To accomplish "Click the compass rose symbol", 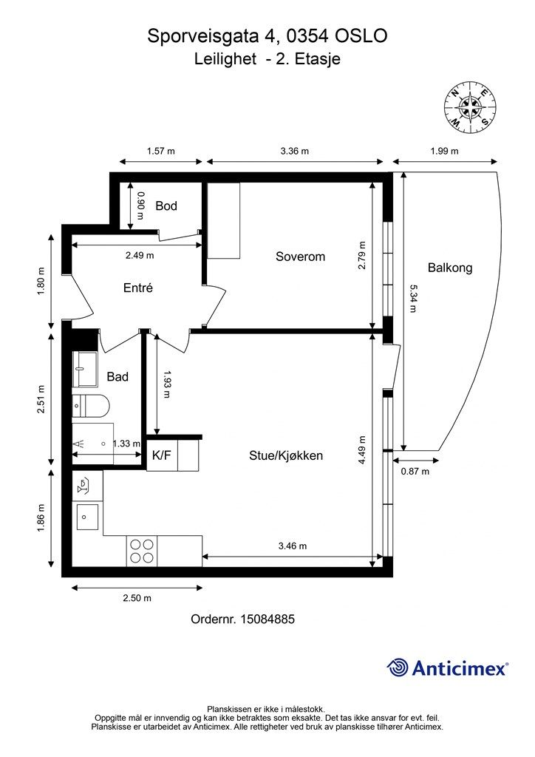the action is click(x=470, y=107).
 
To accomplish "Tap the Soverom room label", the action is click(x=300, y=257).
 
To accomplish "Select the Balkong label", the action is click(x=449, y=268).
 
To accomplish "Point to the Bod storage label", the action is click(x=166, y=206).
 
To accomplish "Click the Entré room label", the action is click(x=138, y=288).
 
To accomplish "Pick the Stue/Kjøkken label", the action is click(x=285, y=455).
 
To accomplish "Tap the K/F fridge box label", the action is click(x=162, y=455).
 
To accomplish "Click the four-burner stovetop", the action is click(x=142, y=551).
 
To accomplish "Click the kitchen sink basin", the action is click(x=87, y=517).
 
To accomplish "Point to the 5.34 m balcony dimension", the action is click(x=413, y=298).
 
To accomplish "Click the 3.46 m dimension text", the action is click(x=293, y=546).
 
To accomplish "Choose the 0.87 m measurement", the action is click(x=415, y=471).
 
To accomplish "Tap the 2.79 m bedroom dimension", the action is click(x=362, y=255).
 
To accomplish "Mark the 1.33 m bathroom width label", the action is click(x=127, y=444).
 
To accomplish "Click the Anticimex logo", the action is click(x=447, y=668).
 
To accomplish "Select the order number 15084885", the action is click(x=267, y=619).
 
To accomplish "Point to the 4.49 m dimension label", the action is click(x=362, y=450).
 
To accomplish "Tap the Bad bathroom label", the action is click(x=117, y=376).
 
